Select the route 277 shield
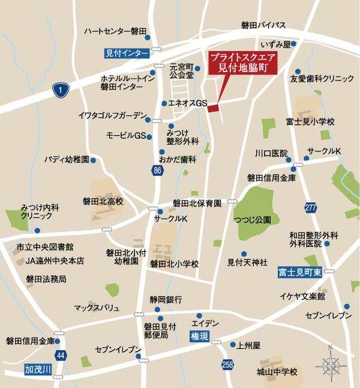tap(310, 207)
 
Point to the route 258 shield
tap(227, 364)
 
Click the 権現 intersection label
tap(199, 336)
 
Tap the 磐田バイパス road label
tap(263, 25)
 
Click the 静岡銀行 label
tap(166, 299)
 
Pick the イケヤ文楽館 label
tap(302, 297)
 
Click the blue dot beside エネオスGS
tap(164, 103)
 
